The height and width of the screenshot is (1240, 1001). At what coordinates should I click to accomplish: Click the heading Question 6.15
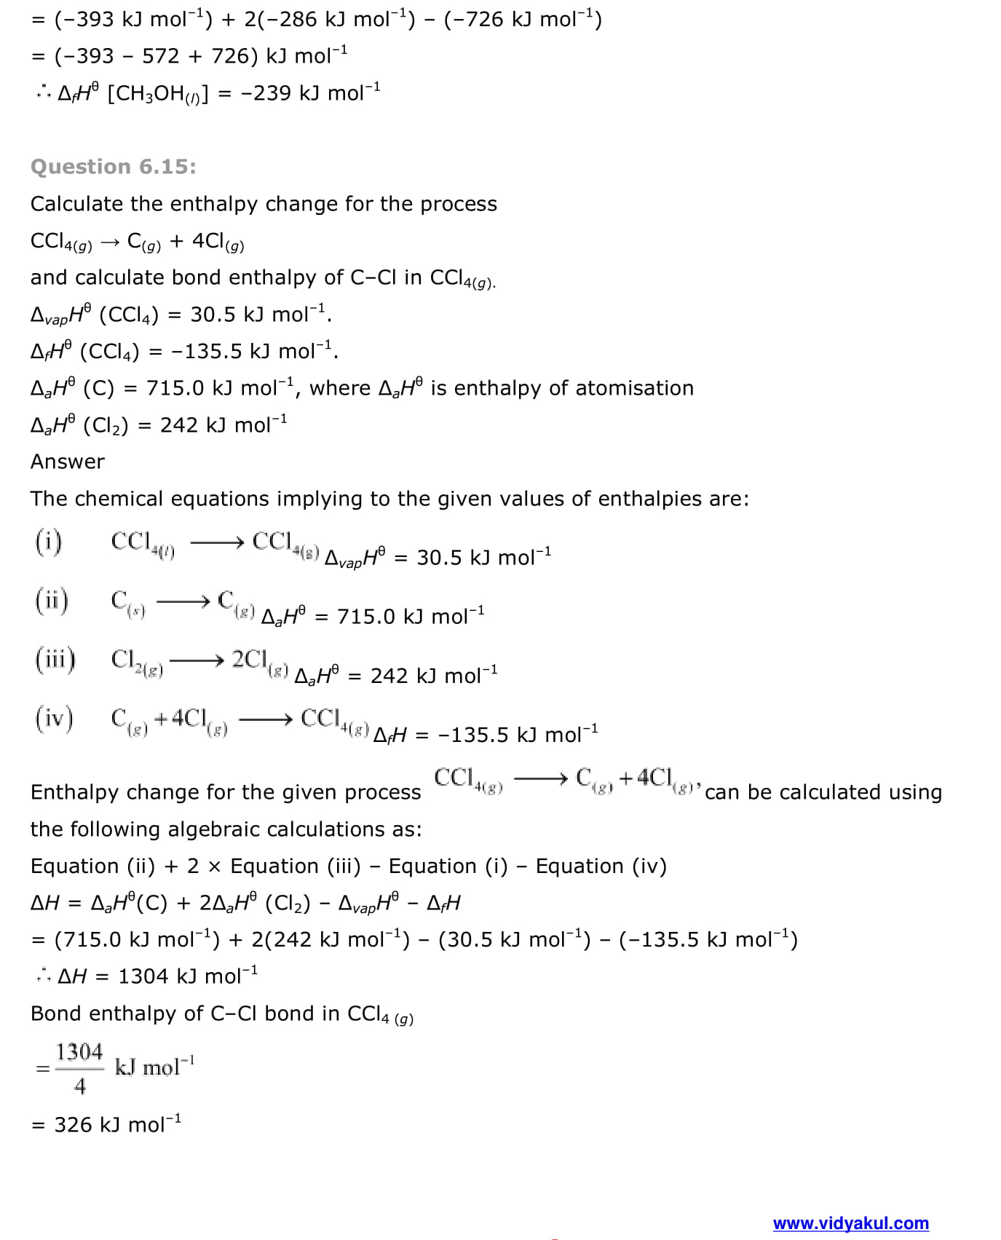click(x=113, y=167)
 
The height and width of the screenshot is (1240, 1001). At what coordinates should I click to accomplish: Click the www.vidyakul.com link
click(x=850, y=1223)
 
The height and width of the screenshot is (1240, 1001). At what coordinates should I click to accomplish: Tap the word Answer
click(x=68, y=462)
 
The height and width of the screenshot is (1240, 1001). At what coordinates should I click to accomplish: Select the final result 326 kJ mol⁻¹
click(x=116, y=1124)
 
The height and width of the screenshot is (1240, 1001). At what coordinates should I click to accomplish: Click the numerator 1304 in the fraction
click(x=79, y=1051)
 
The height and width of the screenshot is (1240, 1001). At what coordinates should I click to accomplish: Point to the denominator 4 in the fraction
click(x=80, y=1086)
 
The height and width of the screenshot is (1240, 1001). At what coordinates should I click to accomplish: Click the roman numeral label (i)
click(x=49, y=542)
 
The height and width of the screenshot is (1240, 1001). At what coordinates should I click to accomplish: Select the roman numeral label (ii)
click(x=52, y=601)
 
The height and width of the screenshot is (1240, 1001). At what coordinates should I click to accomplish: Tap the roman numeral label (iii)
click(x=55, y=660)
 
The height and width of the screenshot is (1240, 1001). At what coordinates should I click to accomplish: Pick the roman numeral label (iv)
click(x=54, y=719)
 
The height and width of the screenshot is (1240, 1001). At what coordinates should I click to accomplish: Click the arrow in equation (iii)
click(x=197, y=660)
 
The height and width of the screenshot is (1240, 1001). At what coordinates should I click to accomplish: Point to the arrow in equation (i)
click(x=216, y=542)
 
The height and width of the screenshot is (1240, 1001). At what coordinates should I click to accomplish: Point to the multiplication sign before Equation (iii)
click(x=214, y=866)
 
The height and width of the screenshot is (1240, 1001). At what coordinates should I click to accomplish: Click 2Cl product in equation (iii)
click(x=250, y=659)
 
